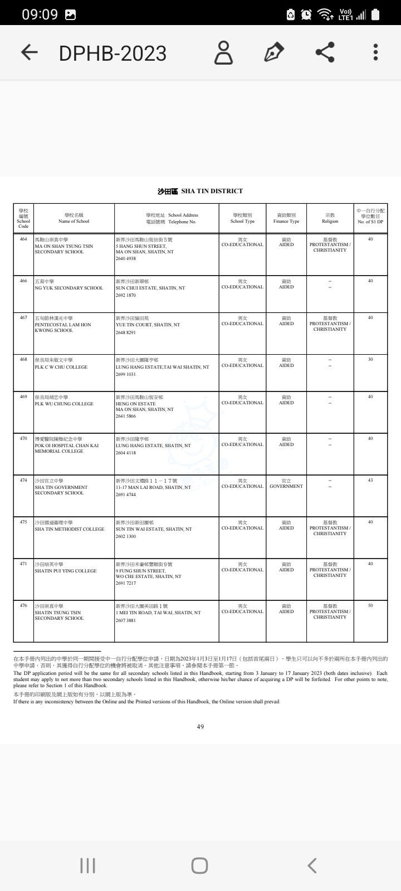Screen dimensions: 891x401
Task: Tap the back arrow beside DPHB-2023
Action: (x=29, y=52)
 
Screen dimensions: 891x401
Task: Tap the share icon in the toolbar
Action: (x=325, y=52)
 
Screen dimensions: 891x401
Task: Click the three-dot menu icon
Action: (x=375, y=52)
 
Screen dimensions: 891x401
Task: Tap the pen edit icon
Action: (x=273, y=52)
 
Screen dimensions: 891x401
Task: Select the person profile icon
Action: (x=223, y=52)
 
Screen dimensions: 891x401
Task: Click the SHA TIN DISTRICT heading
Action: (x=200, y=191)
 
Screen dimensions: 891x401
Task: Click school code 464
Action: (x=23, y=239)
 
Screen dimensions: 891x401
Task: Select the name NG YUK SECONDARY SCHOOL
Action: (x=69, y=288)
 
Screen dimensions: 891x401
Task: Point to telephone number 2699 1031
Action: (x=126, y=374)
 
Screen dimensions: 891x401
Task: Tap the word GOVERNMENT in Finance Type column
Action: (x=286, y=486)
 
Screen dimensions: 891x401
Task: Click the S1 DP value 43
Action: (x=370, y=480)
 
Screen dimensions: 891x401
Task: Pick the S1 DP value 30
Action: (x=370, y=360)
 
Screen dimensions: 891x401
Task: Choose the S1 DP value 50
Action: (x=370, y=605)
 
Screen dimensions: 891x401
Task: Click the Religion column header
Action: (x=330, y=218)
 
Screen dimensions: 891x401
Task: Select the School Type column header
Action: (x=242, y=218)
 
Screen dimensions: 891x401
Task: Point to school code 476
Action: (x=23, y=605)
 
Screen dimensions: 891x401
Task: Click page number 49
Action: (x=200, y=726)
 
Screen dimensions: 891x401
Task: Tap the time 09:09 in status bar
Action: (x=40, y=14)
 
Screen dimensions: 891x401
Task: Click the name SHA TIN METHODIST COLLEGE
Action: (x=69, y=529)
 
